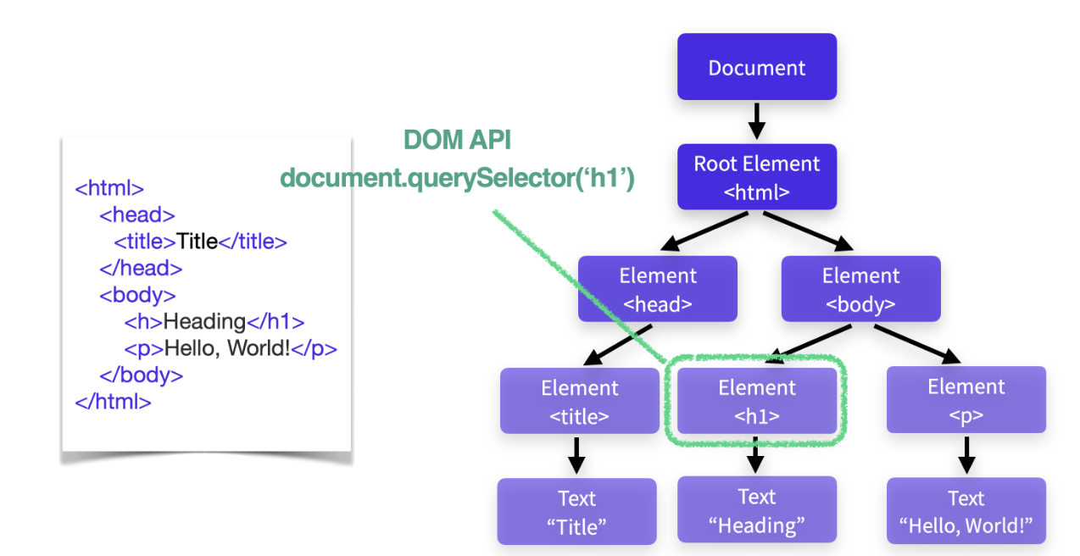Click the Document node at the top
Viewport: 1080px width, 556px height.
point(756,67)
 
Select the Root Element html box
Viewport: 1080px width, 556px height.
point(756,176)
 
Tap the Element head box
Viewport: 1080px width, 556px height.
point(658,289)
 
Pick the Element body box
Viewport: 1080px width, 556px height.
point(860,289)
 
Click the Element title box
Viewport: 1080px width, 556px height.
point(580,401)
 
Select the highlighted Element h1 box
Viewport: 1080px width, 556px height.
point(756,401)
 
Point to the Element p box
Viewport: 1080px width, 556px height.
point(966,400)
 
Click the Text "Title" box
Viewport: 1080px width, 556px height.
point(576,511)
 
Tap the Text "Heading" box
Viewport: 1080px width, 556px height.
point(756,509)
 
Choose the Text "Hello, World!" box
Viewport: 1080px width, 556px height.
point(966,511)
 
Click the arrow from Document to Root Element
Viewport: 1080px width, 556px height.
point(756,121)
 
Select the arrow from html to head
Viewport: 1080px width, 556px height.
point(704,231)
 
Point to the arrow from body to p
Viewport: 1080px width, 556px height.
point(917,344)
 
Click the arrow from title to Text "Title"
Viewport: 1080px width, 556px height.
point(576,456)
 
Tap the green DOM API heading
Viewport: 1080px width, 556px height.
point(457,140)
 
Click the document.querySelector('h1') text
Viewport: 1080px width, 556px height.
point(457,179)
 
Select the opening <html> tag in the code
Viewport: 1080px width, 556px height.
point(109,188)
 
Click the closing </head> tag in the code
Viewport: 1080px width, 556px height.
point(141,268)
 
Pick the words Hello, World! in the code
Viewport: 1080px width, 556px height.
point(227,348)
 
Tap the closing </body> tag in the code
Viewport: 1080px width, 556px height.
point(142,375)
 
